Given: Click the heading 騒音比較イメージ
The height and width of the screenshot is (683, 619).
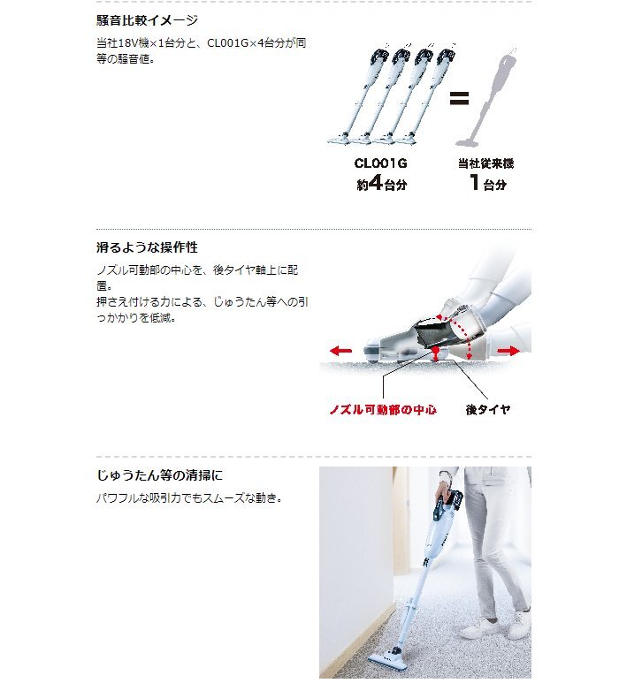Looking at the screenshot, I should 147,19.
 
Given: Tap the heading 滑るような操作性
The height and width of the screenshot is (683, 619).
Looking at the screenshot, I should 147,247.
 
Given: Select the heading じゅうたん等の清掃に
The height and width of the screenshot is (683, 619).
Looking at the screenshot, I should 159,475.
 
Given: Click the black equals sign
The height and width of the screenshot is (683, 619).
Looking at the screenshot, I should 458,99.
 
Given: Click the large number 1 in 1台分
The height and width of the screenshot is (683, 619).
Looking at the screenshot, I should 475,184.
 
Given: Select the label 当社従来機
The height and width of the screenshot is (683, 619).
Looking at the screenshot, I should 485,163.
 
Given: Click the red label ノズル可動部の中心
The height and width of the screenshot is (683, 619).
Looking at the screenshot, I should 383,410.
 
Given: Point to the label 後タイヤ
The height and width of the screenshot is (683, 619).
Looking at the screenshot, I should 487,410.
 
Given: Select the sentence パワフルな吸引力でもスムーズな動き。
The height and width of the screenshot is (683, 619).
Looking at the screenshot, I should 188,498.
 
